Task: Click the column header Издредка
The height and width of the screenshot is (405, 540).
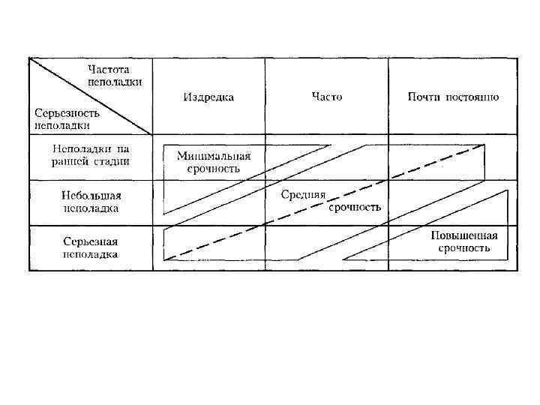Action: [208, 97]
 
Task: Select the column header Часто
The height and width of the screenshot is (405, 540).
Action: [327, 97]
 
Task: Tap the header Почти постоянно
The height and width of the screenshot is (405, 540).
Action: [453, 97]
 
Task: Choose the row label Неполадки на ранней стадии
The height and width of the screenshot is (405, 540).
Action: [90, 155]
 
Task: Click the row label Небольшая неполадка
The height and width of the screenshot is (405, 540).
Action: [90, 202]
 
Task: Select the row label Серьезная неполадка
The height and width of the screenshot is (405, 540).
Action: [90, 248]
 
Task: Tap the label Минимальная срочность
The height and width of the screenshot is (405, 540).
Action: [213, 163]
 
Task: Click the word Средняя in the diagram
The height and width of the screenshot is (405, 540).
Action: [303, 196]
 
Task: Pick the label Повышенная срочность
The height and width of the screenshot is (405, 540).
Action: [463, 241]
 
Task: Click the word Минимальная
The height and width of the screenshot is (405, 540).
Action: [213, 157]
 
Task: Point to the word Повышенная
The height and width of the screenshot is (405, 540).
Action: [463, 235]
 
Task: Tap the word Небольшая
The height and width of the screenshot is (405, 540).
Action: [91, 196]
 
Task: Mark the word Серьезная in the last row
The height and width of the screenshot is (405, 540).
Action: [91, 242]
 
